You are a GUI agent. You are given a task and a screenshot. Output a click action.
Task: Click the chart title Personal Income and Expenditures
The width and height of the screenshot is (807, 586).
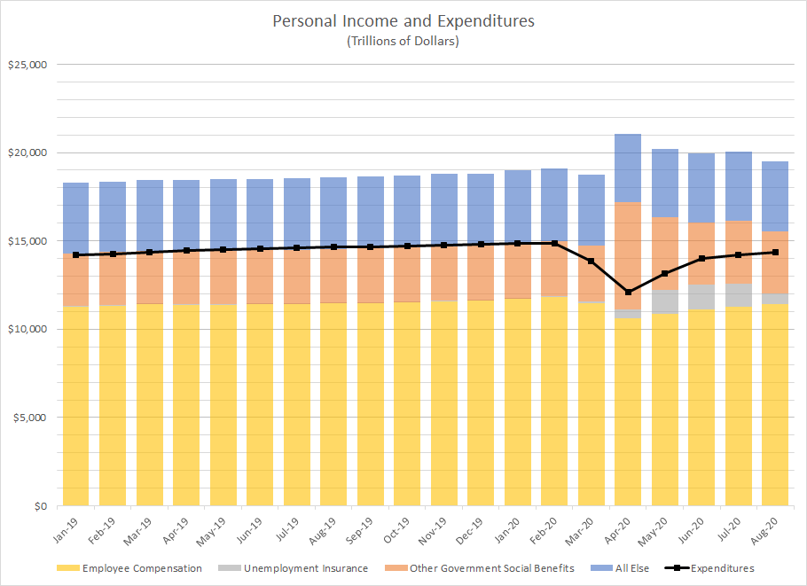pos(403,20)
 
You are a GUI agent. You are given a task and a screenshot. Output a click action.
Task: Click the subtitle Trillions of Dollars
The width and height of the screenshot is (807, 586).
pos(403,41)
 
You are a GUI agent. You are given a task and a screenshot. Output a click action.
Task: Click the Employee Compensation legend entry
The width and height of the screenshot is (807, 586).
pos(142,568)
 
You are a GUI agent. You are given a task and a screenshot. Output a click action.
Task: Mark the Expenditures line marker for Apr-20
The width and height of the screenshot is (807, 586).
pos(628,292)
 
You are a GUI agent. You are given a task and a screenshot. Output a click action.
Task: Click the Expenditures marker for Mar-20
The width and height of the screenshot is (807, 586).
pos(591,261)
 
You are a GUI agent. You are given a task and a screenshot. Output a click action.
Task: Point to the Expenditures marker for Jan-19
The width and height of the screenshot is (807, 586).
pos(76,254)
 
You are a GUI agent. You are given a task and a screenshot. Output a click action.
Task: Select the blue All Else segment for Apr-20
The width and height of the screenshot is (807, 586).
pos(628,168)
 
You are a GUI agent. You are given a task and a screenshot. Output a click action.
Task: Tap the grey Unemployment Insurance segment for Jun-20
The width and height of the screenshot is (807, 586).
pos(701,297)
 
